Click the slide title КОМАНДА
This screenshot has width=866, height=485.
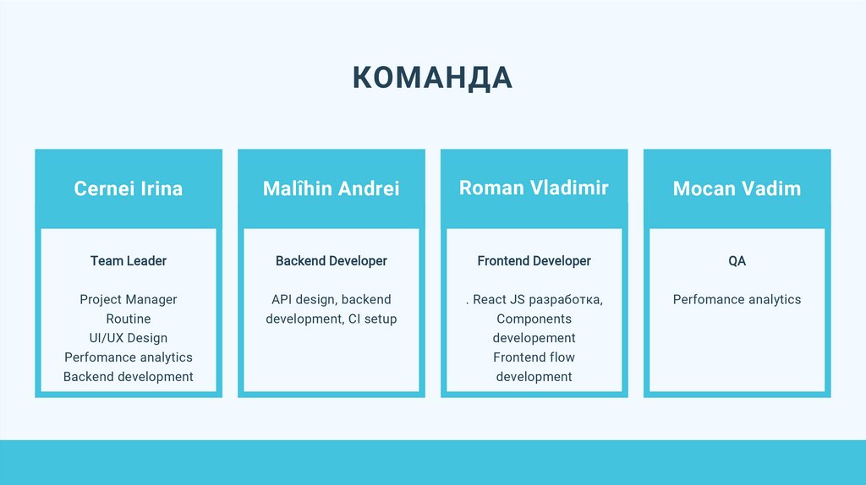pyautogui.click(x=432, y=78)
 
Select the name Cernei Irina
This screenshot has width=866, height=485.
pyautogui.click(x=129, y=188)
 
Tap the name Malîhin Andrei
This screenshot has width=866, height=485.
pyautogui.click(x=332, y=188)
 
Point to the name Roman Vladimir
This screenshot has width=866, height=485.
pyautogui.click(x=534, y=188)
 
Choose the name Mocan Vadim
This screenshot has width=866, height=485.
pyautogui.click(x=737, y=188)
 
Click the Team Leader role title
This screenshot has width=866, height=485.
pyautogui.click(x=129, y=260)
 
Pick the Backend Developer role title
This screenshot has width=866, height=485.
pyautogui.click(x=332, y=260)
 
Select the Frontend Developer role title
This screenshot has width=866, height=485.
pyautogui.click(x=534, y=260)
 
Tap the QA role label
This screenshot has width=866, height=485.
pyautogui.click(x=737, y=260)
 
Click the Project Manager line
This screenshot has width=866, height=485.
pyautogui.click(x=129, y=300)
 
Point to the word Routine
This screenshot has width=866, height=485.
pyautogui.click(x=129, y=319)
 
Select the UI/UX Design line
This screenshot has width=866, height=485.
pyautogui.click(x=129, y=338)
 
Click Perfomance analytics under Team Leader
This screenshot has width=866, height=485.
pyautogui.click(x=129, y=357)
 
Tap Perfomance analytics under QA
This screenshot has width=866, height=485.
pyautogui.click(x=737, y=300)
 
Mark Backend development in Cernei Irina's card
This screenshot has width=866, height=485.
pyautogui.click(x=129, y=377)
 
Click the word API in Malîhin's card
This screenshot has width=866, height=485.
pyautogui.click(x=282, y=300)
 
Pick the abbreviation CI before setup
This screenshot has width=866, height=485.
pyautogui.click(x=354, y=319)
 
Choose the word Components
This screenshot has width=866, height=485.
pyautogui.click(x=534, y=319)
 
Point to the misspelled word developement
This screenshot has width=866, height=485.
pyautogui.click(x=534, y=338)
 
